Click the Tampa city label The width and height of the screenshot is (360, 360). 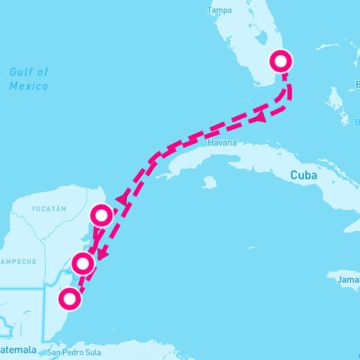pos(219,10)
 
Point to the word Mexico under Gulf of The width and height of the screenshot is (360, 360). pos(28,86)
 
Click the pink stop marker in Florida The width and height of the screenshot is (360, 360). pos(280,61)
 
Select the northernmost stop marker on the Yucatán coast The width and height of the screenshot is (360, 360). pos(101,216)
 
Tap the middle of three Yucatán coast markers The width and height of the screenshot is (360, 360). pos(82,263)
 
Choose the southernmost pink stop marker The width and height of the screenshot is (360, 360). pos(70,299)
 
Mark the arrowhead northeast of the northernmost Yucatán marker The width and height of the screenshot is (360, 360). pos(120,199)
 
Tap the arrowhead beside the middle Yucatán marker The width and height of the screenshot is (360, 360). pos(100,256)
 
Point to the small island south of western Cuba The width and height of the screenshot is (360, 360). pos(209,181)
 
